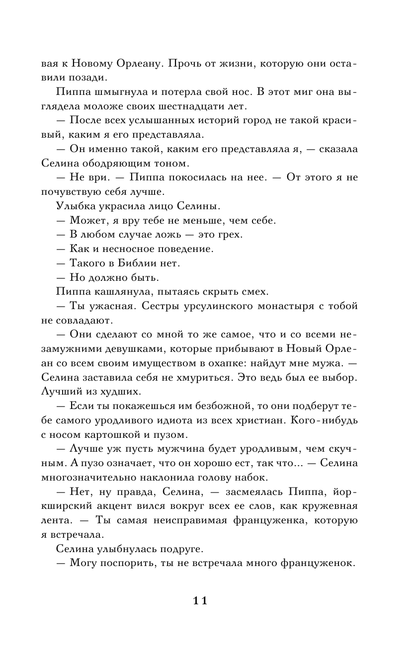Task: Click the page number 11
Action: [199, 600]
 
